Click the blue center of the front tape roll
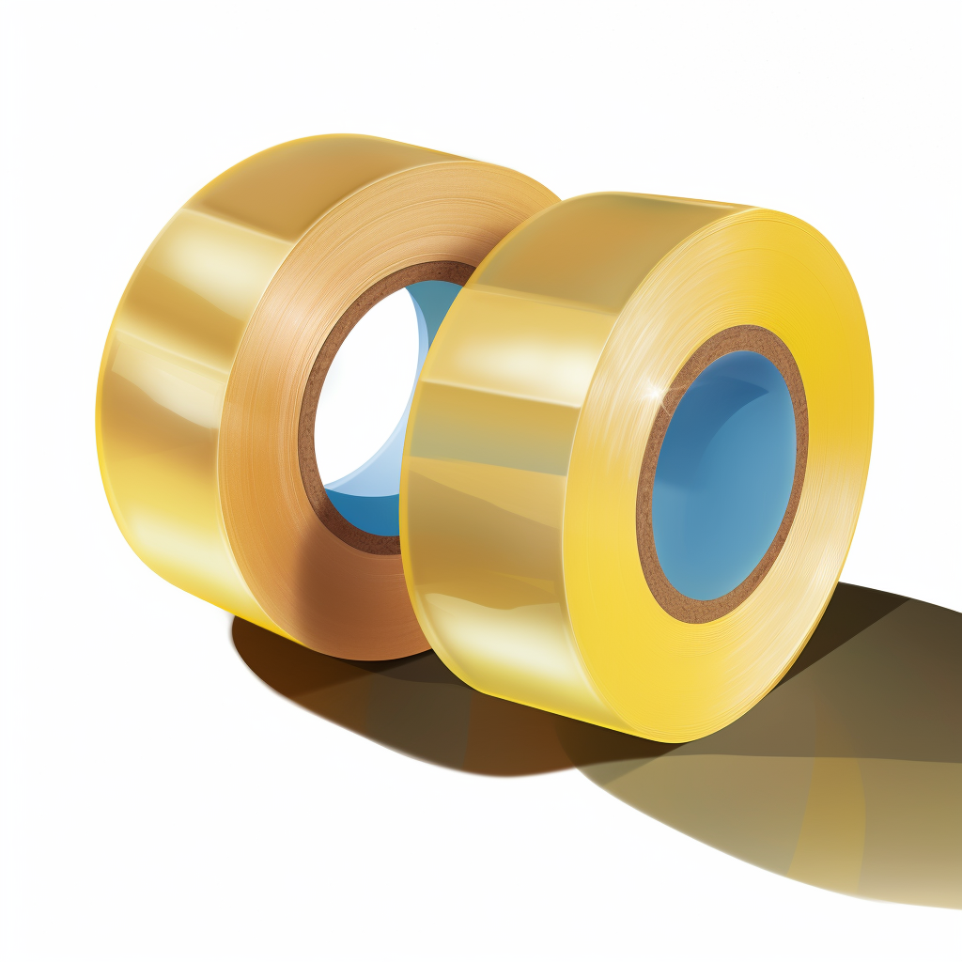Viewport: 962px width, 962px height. click(x=723, y=479)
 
